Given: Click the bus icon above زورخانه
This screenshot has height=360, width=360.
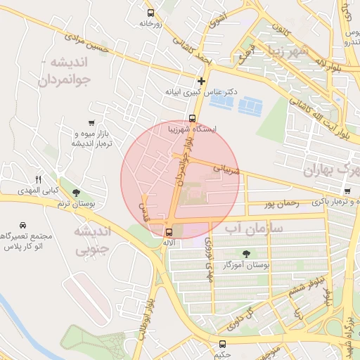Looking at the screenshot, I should [150, 13].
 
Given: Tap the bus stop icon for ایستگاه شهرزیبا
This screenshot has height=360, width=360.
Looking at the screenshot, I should [192, 118].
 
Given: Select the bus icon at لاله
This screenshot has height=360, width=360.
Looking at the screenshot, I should [168, 231].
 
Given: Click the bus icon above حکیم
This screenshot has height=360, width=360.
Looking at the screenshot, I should [223, 344].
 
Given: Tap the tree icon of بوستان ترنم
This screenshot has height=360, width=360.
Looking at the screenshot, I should [76, 193].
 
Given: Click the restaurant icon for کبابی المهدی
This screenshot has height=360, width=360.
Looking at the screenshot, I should [39, 179].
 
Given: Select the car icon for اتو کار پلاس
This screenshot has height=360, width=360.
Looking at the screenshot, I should [23, 225].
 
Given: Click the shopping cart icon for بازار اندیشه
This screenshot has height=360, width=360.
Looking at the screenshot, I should [92, 123].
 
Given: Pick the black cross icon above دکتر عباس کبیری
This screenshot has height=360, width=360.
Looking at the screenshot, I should [202, 81].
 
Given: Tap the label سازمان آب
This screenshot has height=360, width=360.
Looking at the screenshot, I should [254, 229].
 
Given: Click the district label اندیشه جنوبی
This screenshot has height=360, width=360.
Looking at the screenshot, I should [93, 240].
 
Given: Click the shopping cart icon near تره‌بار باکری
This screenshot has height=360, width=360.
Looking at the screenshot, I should [347, 191].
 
